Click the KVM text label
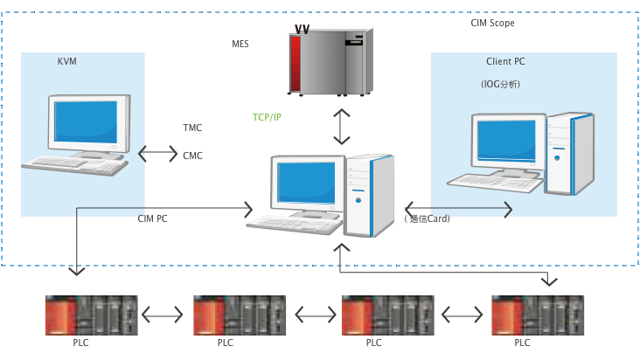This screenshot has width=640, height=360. coord(67,61)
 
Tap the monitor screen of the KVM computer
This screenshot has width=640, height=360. coord(84,123)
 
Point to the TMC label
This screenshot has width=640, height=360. coord(192,128)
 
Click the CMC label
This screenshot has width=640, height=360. coord(192,156)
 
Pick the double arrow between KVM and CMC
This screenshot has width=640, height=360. coord(157,154)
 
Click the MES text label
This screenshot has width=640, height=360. coord(240,44)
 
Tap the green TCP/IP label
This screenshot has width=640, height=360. coord(267,117)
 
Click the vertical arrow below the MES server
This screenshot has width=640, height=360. coord(340,127)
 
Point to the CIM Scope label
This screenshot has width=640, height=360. coord(492,24)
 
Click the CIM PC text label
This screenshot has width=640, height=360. coord(153,218)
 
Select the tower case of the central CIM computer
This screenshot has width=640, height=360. coord(366,194)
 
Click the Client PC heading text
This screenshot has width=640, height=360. coord(504,62)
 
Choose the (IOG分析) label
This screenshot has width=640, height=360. coord(499,84)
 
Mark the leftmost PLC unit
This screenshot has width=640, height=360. coord(91,315)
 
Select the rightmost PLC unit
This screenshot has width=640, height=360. coord(537,315)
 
